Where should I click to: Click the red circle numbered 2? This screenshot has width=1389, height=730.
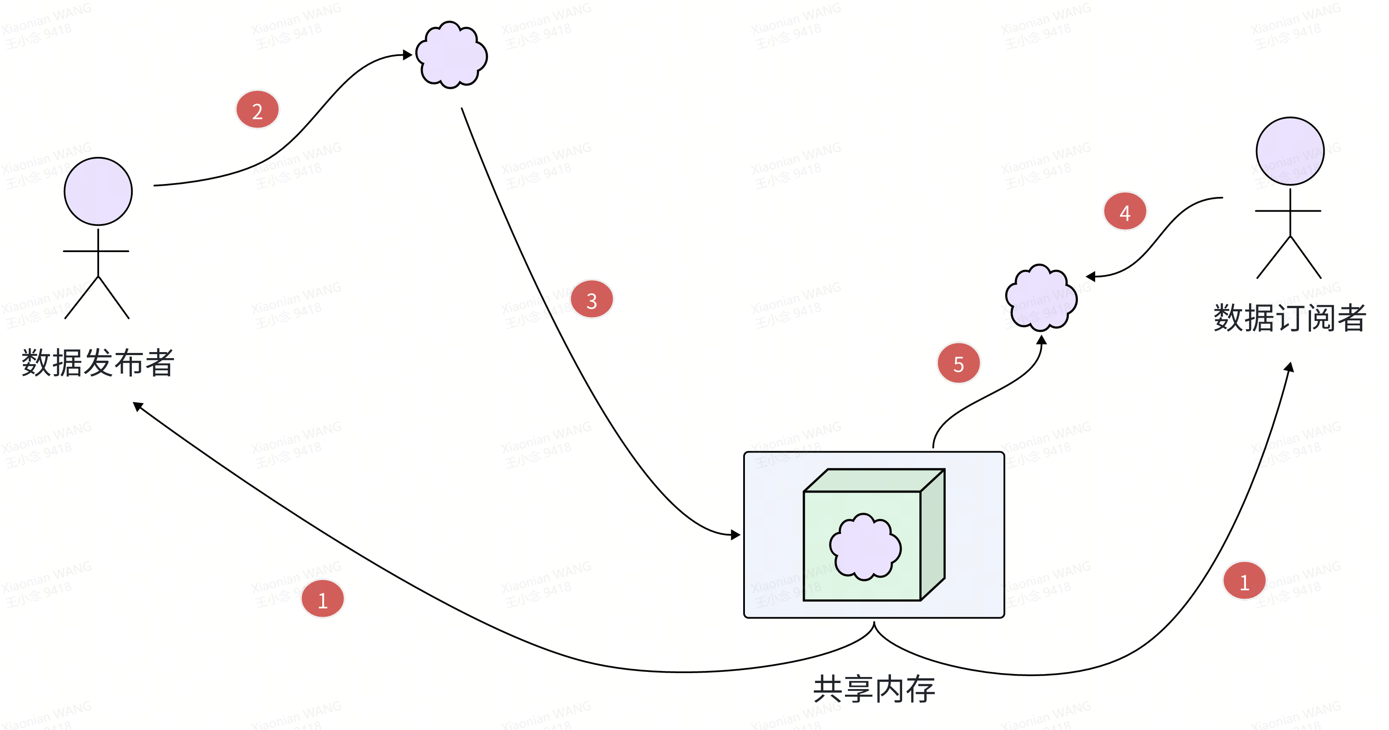(x=257, y=110)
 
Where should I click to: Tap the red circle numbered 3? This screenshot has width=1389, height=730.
(x=592, y=300)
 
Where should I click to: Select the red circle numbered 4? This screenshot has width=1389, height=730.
(x=1125, y=211)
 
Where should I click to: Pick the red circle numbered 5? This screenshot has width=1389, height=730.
(x=958, y=363)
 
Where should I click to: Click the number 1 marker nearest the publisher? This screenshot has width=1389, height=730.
(x=322, y=599)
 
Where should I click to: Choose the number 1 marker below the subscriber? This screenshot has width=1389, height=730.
(x=1244, y=581)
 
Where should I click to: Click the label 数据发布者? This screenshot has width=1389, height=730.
(x=98, y=363)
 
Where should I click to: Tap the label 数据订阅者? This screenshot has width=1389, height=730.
(x=1289, y=318)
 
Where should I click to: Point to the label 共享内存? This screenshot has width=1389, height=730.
(x=874, y=689)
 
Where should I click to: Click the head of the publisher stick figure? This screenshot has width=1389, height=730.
(x=98, y=191)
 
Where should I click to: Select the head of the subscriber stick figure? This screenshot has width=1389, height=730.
(x=1290, y=151)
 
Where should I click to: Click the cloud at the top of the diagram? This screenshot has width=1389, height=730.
(x=452, y=55)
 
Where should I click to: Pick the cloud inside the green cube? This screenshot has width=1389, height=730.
(x=865, y=547)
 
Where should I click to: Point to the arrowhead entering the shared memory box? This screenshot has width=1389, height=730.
(x=735, y=535)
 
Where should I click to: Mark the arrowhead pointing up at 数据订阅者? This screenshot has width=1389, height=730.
(x=1289, y=368)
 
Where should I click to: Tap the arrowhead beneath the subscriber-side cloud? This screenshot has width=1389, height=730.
(x=1042, y=340)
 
